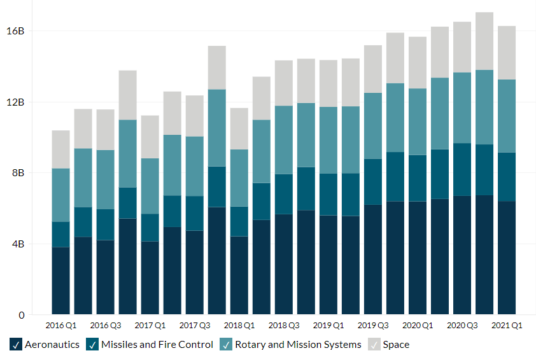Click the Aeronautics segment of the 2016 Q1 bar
60,280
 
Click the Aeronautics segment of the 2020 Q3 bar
462,255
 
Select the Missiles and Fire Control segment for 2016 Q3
105,225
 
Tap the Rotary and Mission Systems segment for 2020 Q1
418,121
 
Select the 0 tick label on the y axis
22,315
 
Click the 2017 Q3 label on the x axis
195,326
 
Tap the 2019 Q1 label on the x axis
328,326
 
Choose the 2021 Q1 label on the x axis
507,326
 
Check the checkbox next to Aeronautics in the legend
17,345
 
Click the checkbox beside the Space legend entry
374,345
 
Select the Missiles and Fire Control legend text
157,345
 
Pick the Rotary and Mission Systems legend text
298,345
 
